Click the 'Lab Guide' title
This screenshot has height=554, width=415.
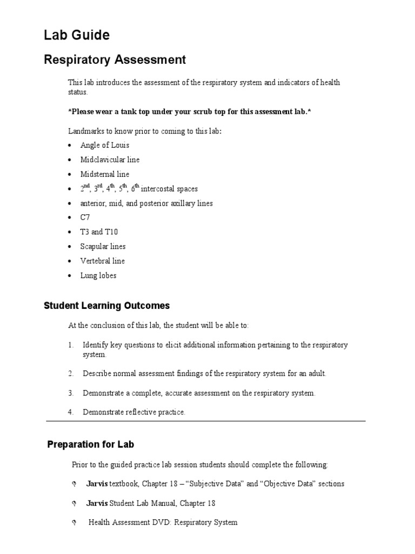click(x=76, y=36)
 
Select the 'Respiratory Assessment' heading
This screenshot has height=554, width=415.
click(x=115, y=60)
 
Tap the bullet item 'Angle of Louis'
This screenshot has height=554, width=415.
click(x=105, y=146)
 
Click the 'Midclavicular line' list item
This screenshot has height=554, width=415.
click(x=110, y=160)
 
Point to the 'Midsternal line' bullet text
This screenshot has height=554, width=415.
click(x=105, y=174)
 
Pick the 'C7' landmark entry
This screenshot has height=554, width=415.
click(x=85, y=217)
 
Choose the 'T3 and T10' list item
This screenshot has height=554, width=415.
click(x=99, y=232)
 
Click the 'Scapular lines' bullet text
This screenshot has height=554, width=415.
click(x=103, y=247)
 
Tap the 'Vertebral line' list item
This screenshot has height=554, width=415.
click(x=102, y=261)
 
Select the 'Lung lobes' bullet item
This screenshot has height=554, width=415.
click(x=98, y=275)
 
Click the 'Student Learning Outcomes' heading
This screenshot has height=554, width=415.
click(x=106, y=306)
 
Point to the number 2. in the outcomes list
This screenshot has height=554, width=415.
click(x=71, y=374)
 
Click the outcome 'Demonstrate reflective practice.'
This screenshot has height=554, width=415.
click(x=134, y=412)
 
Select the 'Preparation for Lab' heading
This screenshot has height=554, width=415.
click(x=91, y=445)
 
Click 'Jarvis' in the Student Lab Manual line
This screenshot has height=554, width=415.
click(x=97, y=503)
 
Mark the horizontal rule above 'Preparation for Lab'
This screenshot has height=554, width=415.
click(x=206, y=421)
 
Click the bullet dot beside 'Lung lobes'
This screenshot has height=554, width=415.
click(x=71, y=276)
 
